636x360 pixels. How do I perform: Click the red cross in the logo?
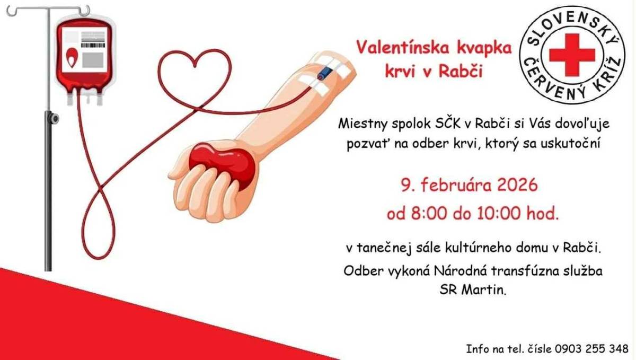pyautogui.click(x=572, y=54)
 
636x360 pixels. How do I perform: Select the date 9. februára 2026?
pyautogui.click(x=469, y=186)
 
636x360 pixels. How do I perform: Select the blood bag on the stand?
pyautogui.click(x=86, y=58)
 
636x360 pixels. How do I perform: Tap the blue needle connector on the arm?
pyautogui.click(x=322, y=75)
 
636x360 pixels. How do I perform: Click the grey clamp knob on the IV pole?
pyautogui.click(x=54, y=118)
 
